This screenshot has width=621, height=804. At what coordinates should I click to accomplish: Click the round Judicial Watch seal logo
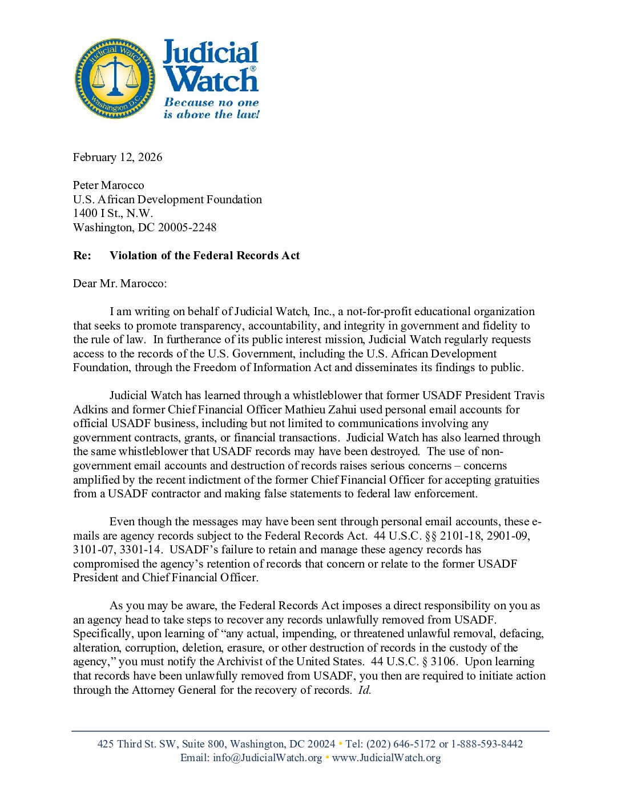pos(115,79)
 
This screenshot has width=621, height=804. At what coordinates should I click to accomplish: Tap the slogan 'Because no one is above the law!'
pos(211,108)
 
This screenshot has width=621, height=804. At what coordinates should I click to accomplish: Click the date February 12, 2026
pos(118,157)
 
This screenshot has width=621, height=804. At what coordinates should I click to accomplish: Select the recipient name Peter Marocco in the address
pos(108,185)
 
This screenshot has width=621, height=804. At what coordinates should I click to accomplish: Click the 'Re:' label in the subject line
pos(82,255)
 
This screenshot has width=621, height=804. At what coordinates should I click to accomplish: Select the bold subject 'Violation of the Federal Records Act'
pos(204,255)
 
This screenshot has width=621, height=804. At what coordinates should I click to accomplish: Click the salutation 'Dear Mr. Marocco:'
pos(120,283)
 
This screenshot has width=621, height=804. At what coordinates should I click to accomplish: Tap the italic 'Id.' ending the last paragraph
pos(364,690)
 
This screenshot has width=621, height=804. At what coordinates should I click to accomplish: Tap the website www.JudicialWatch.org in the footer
pos(386,758)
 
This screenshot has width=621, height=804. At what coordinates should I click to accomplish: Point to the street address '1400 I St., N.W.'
pos(113,213)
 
